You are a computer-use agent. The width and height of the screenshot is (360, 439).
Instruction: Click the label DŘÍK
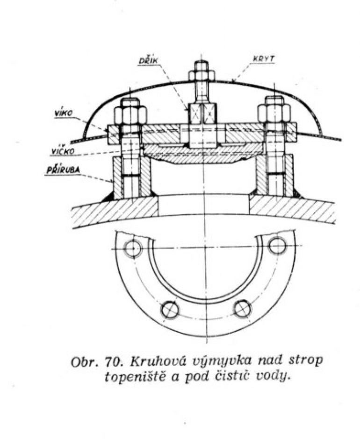point(149,61)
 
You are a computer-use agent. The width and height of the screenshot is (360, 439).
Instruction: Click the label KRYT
point(263,59)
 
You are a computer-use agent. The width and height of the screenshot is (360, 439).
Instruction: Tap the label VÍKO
point(64,113)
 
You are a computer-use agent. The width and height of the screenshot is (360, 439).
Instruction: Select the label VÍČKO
point(63,151)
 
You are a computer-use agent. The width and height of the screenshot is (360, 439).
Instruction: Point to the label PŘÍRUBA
point(63,170)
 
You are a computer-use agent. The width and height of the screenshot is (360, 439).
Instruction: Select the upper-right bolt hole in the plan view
point(277,245)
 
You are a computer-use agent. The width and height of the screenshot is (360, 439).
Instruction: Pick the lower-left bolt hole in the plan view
point(170,310)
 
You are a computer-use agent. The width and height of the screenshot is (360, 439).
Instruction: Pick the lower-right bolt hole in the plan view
point(243,309)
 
